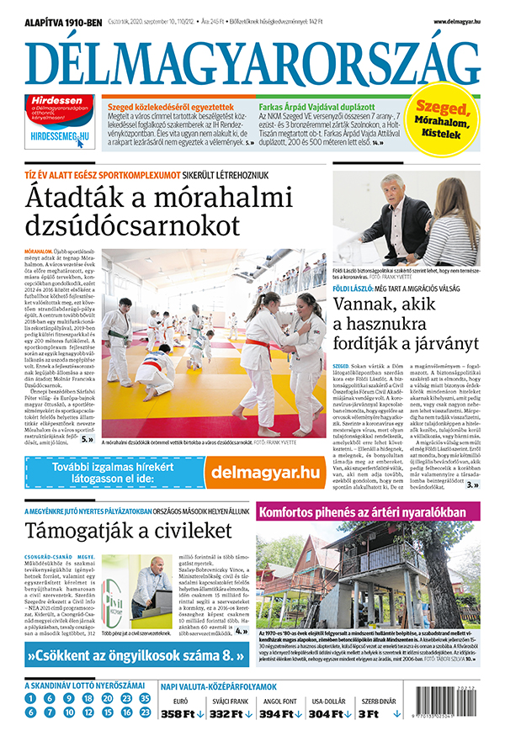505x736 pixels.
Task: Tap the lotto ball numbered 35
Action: pos(145,698)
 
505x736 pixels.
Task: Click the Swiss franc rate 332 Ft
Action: pos(227,714)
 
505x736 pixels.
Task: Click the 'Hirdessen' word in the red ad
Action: pos(48,100)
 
